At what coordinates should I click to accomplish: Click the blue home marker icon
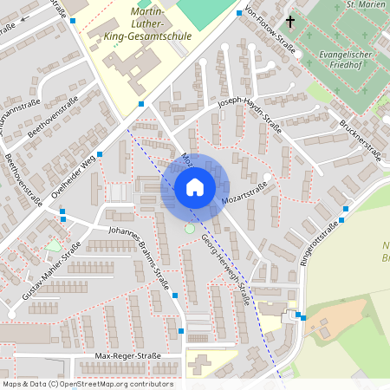coord(194,187)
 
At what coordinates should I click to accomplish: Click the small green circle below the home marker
coord(190,228)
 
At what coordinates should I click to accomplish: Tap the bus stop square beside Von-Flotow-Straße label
coord(239,15)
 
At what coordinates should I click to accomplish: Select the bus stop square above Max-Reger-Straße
coord(180,330)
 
